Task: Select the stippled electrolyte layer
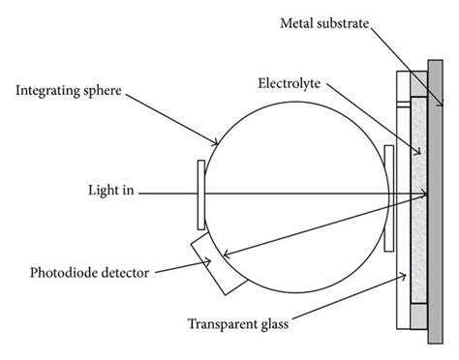point(419,194)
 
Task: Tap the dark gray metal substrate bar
point(441,194)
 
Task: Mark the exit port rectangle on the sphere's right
point(388,194)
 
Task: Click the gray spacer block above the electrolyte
point(419,82)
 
